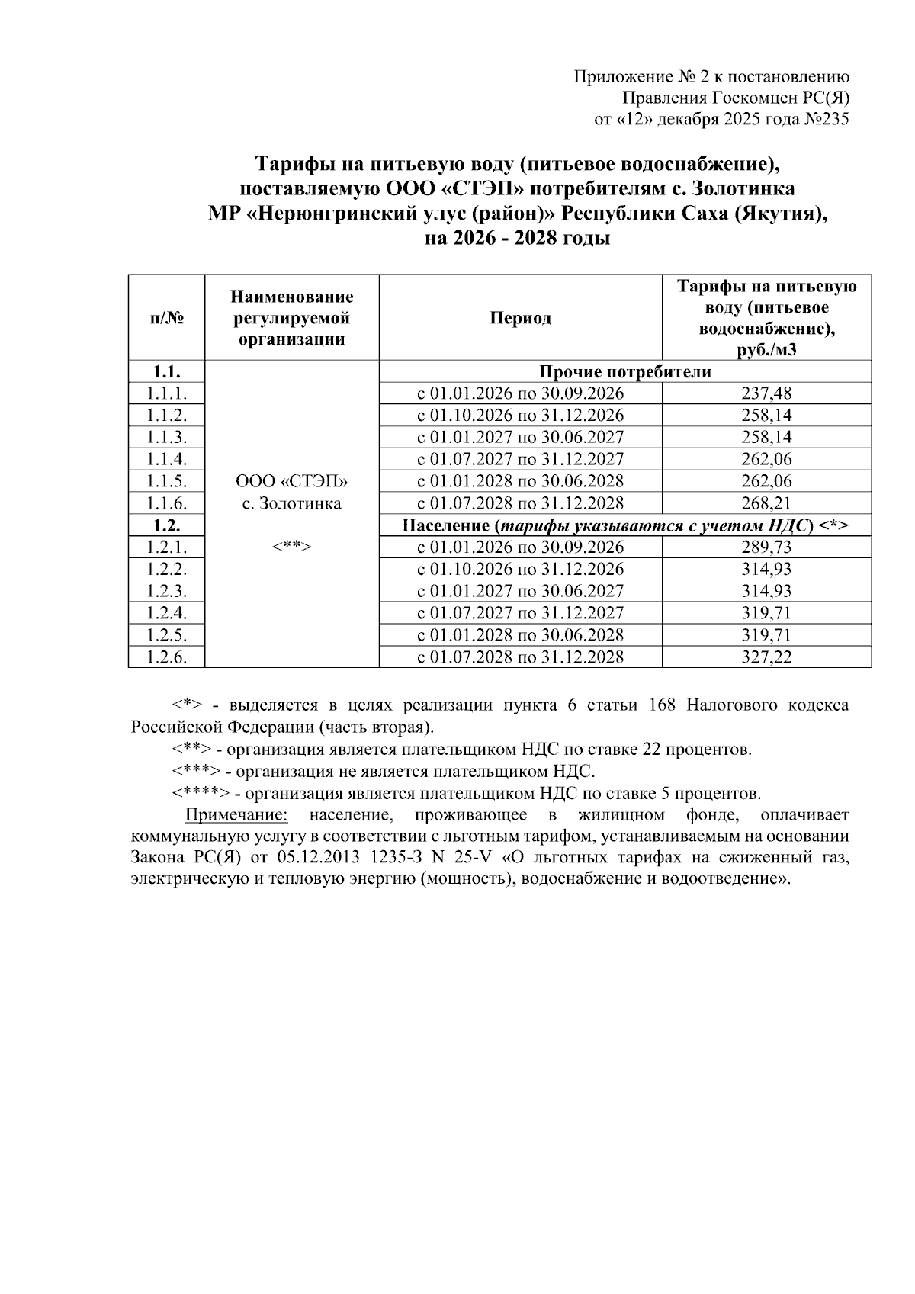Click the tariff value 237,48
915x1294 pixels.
point(766,393)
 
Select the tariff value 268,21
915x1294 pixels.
point(766,503)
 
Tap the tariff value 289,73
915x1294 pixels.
point(766,547)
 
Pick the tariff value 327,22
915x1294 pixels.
point(766,657)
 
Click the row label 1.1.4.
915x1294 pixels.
point(166,459)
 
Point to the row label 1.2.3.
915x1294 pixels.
point(166,591)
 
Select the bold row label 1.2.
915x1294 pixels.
point(166,525)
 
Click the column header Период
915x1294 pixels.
point(520,318)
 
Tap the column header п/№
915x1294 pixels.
point(166,318)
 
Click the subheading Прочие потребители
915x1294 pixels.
point(624,372)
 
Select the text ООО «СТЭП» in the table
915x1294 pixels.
point(291,482)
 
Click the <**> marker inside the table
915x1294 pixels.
point(291,547)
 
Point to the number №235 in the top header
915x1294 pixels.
point(827,119)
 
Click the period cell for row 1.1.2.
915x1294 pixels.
point(520,416)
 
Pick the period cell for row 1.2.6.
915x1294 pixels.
point(520,657)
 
